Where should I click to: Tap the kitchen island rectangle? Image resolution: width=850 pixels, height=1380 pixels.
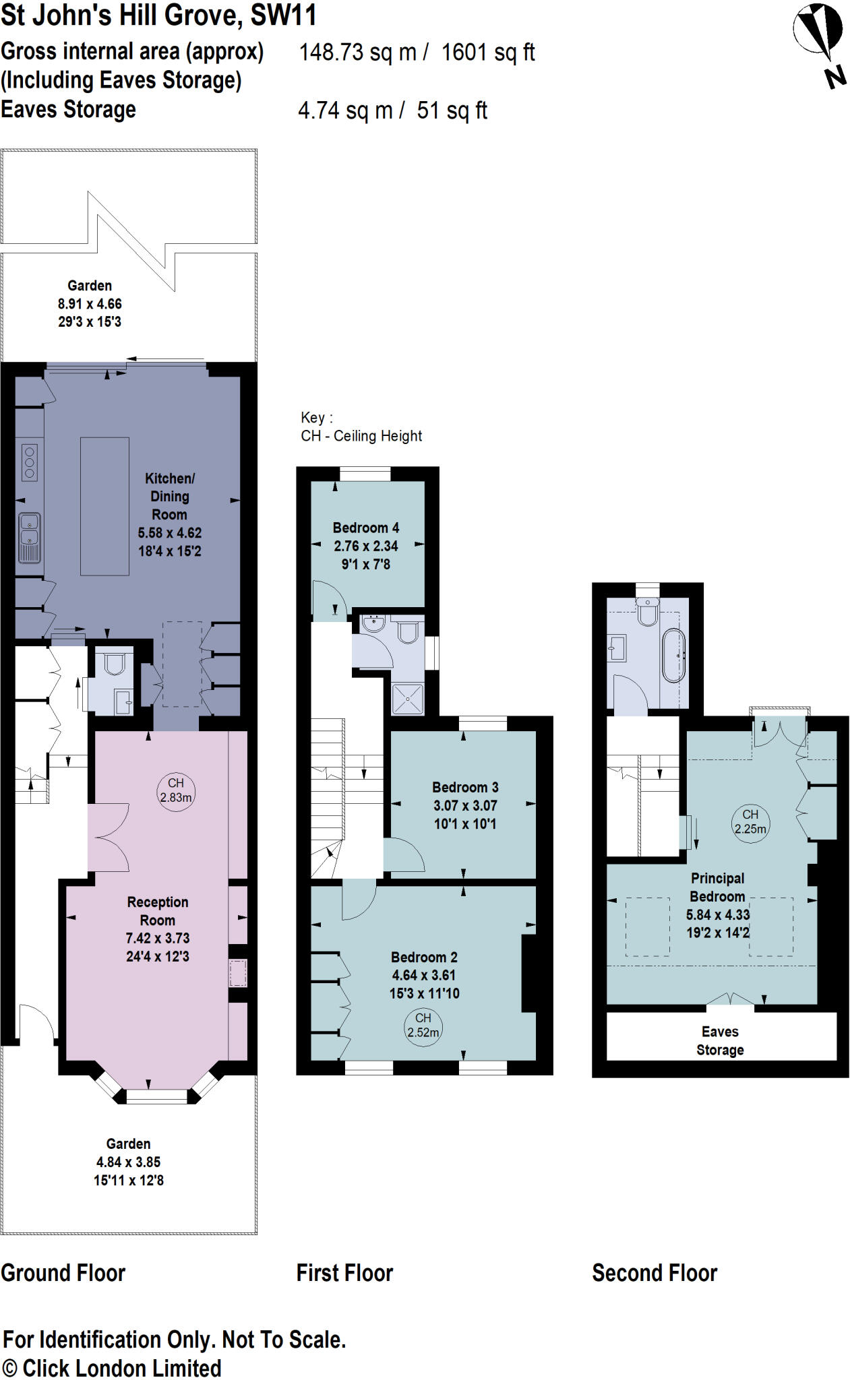tap(104, 506)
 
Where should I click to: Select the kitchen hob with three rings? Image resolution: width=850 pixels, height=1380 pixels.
tap(29, 462)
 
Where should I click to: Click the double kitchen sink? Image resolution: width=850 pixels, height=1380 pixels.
tap(29, 537)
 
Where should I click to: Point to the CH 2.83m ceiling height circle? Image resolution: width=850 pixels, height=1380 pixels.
tap(175, 791)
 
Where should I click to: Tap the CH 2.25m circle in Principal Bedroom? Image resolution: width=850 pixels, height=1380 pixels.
tap(750, 822)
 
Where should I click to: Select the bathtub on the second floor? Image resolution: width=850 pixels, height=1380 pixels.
tap(673, 655)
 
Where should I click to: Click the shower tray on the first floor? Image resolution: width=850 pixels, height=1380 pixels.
tap(408, 699)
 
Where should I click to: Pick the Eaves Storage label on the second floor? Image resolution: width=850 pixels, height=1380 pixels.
tap(720, 1040)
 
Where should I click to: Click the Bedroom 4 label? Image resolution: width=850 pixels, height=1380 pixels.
tap(365, 528)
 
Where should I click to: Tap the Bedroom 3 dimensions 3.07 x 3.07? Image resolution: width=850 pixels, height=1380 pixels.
tap(465, 806)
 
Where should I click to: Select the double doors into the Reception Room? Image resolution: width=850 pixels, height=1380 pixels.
tap(109, 838)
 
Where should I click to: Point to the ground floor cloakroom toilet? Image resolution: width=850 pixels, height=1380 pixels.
tap(115, 664)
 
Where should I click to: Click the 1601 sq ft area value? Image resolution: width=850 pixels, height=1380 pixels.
tap(488, 53)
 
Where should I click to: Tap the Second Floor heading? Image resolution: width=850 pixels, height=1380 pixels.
tap(654, 1273)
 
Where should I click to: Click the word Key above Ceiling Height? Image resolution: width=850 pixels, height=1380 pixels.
tap(313, 418)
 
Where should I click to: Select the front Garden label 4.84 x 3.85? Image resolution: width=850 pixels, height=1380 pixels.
tap(128, 1162)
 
